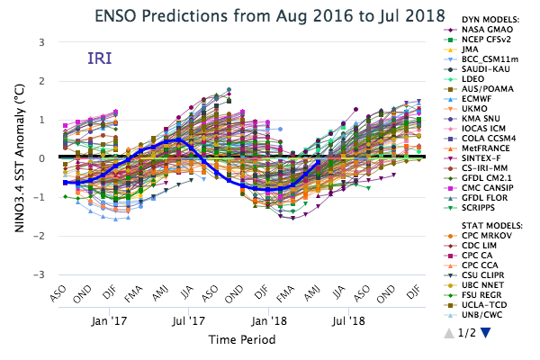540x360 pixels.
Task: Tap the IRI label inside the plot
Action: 99,59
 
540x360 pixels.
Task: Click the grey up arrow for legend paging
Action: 449,333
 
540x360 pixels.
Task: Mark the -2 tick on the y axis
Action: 40,236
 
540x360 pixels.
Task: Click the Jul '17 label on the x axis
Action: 188,319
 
